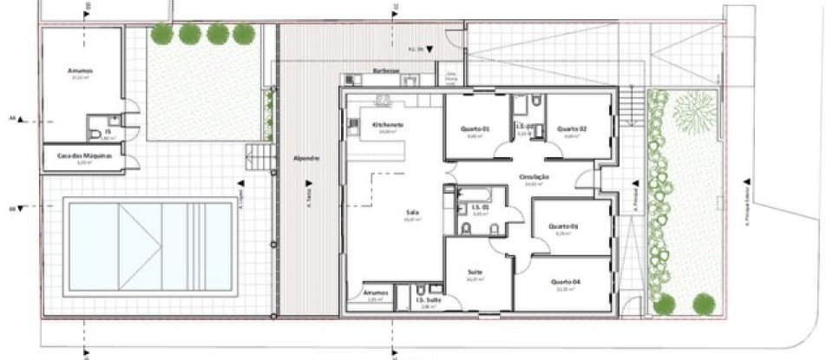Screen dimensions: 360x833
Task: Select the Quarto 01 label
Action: (x=476, y=129)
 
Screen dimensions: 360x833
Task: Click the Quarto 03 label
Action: (x=564, y=227)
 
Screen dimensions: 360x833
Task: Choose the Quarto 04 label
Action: (x=564, y=282)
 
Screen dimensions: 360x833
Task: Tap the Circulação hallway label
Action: (x=535, y=177)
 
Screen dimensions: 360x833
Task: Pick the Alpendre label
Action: (x=307, y=159)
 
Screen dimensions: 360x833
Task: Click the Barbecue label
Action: (x=385, y=70)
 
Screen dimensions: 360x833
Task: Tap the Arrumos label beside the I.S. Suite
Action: (x=375, y=292)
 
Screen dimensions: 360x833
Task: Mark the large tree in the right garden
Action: (x=692, y=113)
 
